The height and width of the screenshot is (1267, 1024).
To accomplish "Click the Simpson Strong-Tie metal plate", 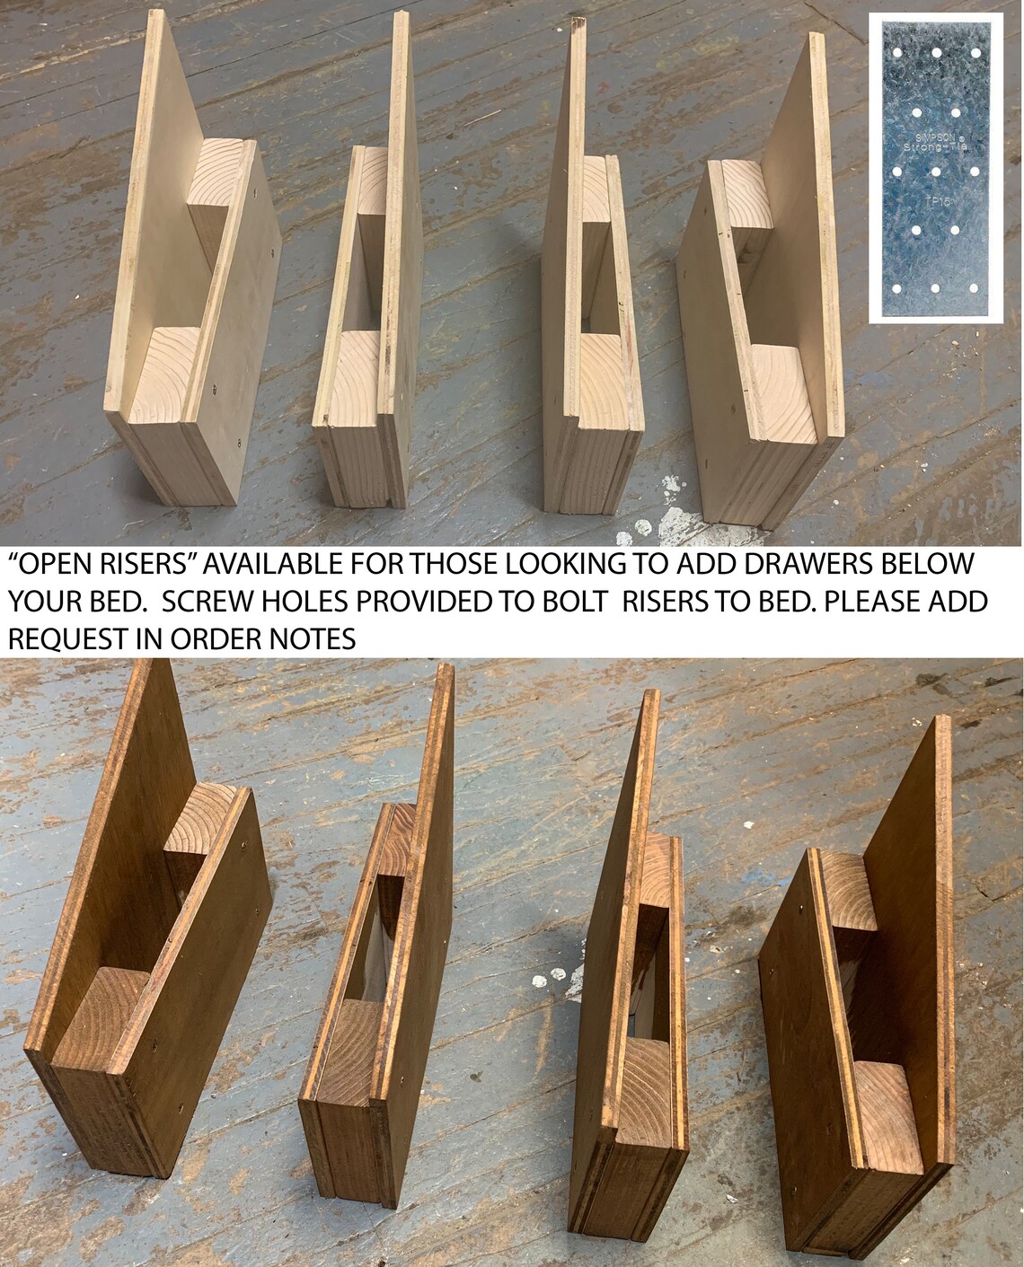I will coord(935,170).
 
